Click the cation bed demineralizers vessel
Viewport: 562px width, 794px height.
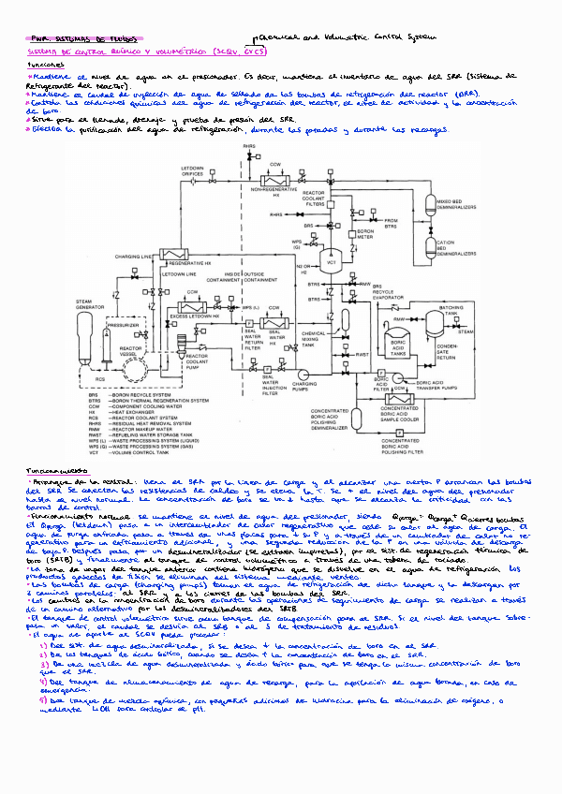point(432,251)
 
